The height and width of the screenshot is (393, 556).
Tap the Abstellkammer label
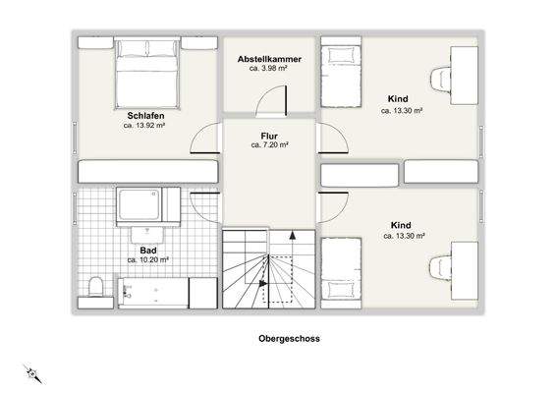(268, 59)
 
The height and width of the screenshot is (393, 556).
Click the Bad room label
(148, 251)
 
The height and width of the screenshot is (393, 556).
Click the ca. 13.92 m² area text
(142, 126)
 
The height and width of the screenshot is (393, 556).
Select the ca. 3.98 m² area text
(268, 69)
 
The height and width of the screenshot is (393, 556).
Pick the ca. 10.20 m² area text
(148, 260)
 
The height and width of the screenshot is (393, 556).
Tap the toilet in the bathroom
(96, 288)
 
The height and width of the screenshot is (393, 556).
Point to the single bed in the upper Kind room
(342, 75)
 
